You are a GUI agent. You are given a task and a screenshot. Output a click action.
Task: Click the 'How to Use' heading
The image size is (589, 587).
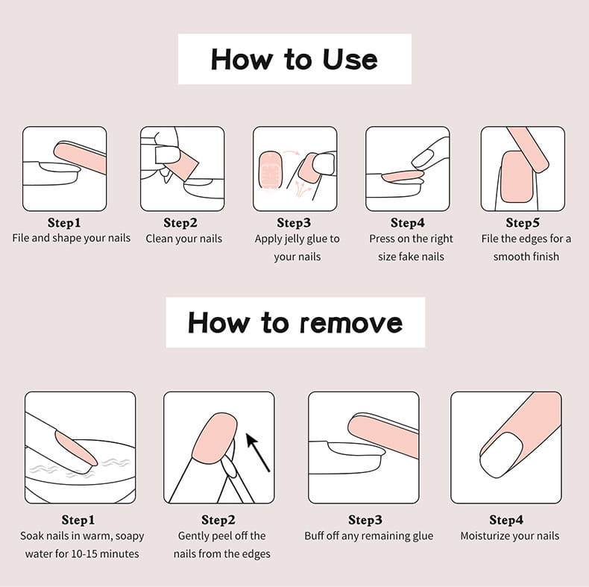294,60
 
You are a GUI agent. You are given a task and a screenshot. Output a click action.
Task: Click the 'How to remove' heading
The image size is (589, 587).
295,323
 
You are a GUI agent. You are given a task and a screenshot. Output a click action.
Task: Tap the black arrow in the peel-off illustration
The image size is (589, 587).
258,453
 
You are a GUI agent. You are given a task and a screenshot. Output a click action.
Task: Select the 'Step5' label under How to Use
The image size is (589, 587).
523,222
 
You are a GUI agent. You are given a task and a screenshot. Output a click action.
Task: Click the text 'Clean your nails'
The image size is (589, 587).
183,239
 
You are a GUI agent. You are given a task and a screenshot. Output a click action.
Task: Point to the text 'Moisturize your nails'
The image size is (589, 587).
510,536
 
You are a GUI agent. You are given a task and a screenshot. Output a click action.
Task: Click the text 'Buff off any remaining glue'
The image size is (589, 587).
368,536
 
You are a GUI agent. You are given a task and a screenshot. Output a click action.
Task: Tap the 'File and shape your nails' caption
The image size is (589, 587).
71,238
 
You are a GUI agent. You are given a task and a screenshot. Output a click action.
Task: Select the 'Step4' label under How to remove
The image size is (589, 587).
506,520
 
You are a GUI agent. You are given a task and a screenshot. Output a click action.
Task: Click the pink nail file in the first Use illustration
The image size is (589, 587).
81,157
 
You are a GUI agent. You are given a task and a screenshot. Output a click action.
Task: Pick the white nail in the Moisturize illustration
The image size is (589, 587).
502,455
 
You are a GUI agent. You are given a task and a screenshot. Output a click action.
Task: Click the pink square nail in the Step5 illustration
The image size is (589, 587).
517,177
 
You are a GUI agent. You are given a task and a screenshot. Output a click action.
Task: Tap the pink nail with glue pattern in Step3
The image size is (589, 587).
271,170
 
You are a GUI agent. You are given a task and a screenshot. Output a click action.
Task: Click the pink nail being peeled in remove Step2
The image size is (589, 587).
215,438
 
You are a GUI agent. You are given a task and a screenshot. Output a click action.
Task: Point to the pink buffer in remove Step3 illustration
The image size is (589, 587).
384,434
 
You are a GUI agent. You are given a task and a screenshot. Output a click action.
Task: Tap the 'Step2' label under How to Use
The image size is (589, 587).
180,222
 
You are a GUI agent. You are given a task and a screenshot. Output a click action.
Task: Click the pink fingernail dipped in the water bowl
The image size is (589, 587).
76,448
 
